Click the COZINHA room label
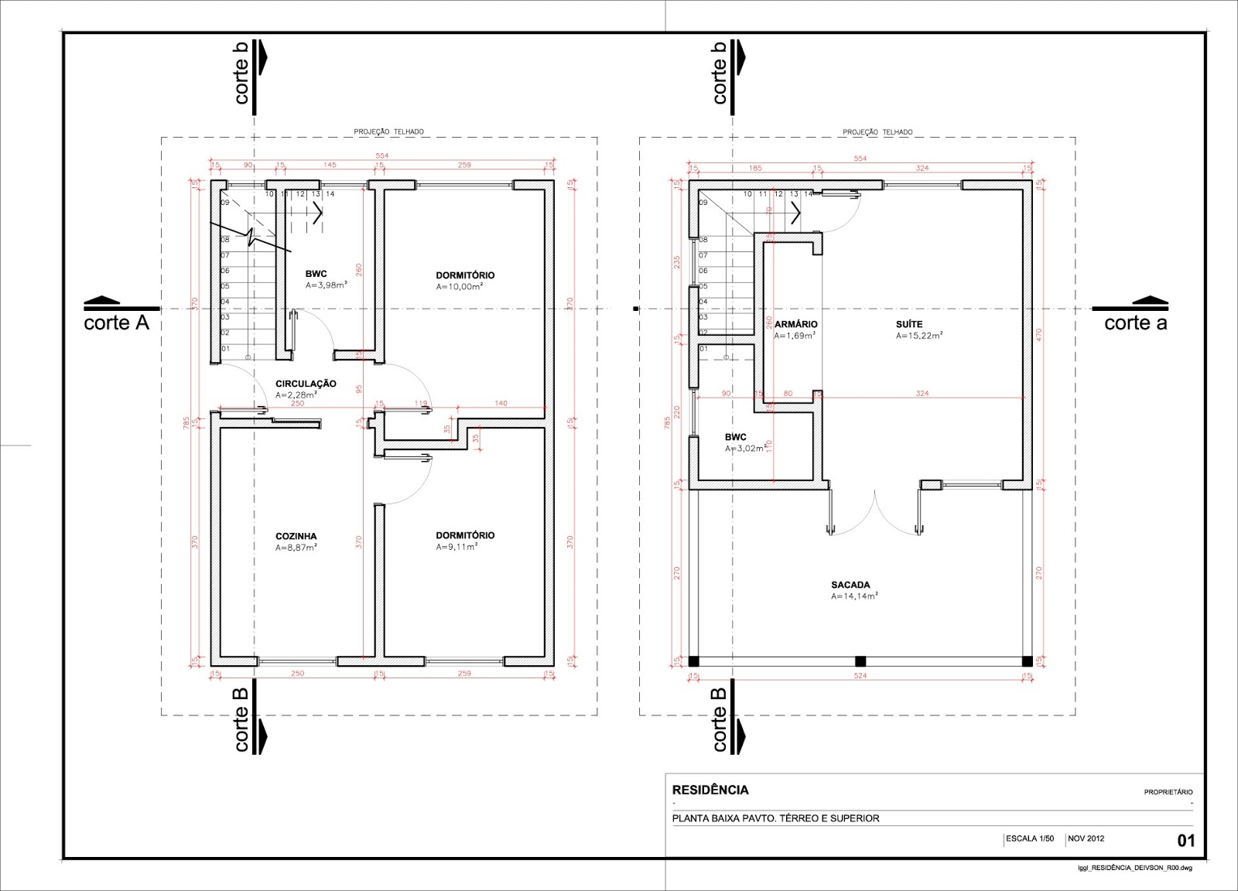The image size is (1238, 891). pos(296,536)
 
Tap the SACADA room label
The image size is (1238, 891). pos(850,585)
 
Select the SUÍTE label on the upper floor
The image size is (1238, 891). pos(909,324)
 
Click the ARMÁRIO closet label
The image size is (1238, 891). pos(795,324)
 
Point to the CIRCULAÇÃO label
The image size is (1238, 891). pos(306,384)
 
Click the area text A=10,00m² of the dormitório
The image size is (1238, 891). pos(459,287)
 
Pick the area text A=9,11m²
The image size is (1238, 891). pos(457,547)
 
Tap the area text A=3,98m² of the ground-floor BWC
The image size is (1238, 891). pos(326,285)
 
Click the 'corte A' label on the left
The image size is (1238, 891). pos(116,323)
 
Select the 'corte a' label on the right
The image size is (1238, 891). pos(1135,323)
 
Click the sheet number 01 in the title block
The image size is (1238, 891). pos(1185,841)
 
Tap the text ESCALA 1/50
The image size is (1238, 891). pos(1030,838)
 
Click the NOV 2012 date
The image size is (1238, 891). pos(1086,838)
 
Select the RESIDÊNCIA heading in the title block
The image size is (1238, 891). pos(710,790)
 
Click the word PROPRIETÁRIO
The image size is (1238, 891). pos(1168,792)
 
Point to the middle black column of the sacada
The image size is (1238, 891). pos(860,661)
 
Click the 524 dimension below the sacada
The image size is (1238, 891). pos(860,676)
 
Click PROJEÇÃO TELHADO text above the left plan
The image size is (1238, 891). pos(388,132)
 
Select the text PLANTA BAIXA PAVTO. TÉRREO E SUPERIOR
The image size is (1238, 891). pos(775,818)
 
